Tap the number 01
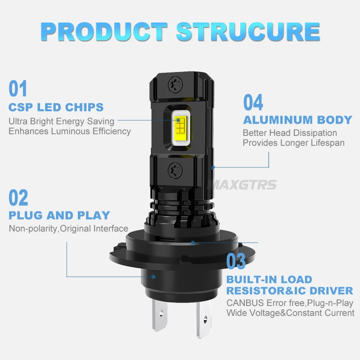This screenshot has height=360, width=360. coord(18,89)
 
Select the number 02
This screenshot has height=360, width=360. coord(18,198)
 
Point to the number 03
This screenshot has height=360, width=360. coord(236,261)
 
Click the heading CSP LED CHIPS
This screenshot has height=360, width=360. coord(56,108)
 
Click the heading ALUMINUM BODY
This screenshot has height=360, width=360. coord(297,120)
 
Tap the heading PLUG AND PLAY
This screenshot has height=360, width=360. coord(59,215)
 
